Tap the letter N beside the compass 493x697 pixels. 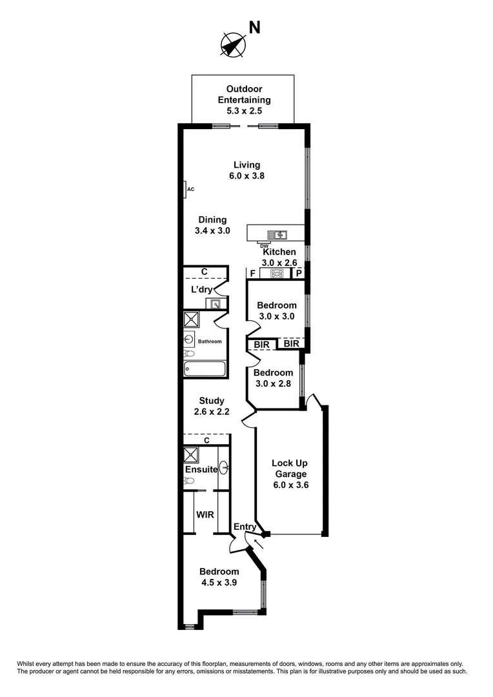coord(255,27)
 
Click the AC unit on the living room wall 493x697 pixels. coord(185,189)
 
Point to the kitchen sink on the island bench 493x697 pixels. coord(279,235)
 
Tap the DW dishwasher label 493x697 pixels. coord(263,246)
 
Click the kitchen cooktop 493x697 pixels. coord(277,274)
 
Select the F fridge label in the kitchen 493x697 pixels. coord(252,274)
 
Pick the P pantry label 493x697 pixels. coord(299,274)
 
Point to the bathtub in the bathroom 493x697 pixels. coord(205,369)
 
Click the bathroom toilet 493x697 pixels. coord(189,353)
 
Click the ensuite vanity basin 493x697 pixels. coord(224,468)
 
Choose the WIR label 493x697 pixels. coord(205,514)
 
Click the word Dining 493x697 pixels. coord(212,219)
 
